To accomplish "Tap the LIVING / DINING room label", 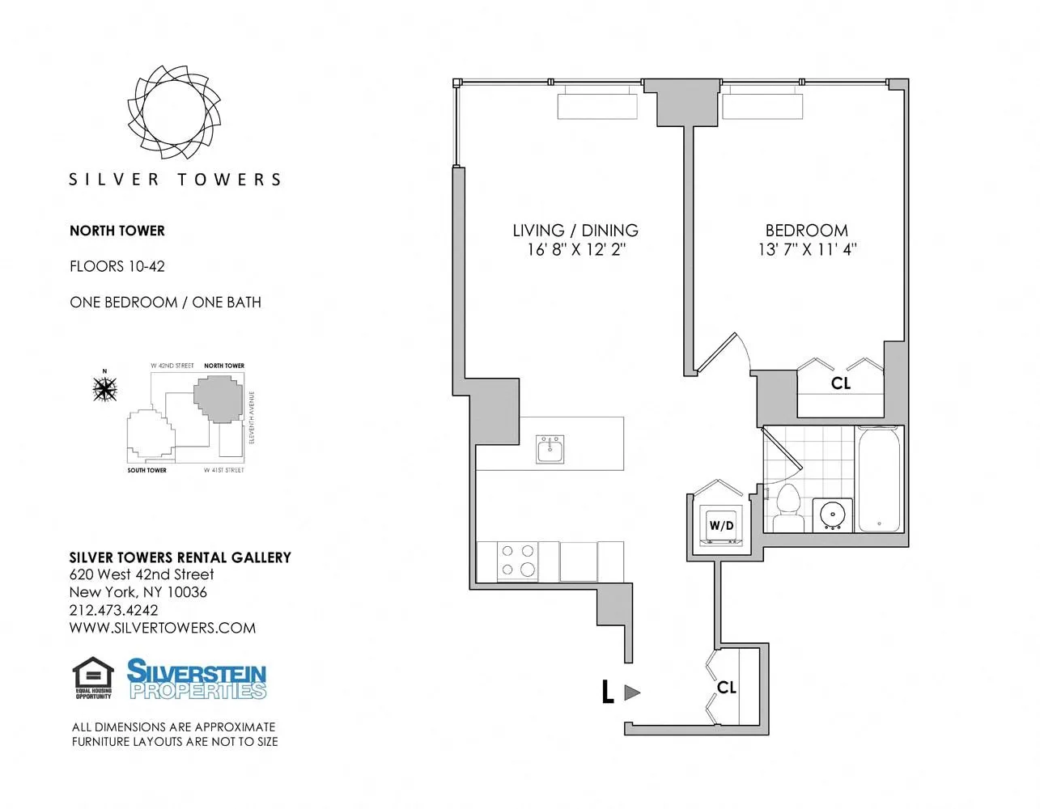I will click(x=575, y=231).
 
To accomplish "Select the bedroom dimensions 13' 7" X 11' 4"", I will click(x=807, y=250).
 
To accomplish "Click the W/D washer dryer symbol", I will click(x=721, y=525).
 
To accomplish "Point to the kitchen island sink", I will click(x=550, y=449).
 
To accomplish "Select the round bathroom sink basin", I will click(x=830, y=515).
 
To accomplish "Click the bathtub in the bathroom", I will click(x=879, y=479).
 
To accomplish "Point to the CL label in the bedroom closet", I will click(x=841, y=383).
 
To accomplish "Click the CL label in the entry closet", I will click(x=726, y=687).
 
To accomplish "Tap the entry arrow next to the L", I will click(x=633, y=693).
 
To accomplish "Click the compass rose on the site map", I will click(x=104, y=389).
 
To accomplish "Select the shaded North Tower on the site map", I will click(x=218, y=399).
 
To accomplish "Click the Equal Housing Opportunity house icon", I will click(x=93, y=676).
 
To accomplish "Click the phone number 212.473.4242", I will click(x=114, y=610).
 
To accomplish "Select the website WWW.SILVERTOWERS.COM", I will click(x=163, y=628).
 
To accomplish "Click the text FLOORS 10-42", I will click(x=117, y=266).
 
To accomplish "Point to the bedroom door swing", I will click(x=723, y=353).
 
